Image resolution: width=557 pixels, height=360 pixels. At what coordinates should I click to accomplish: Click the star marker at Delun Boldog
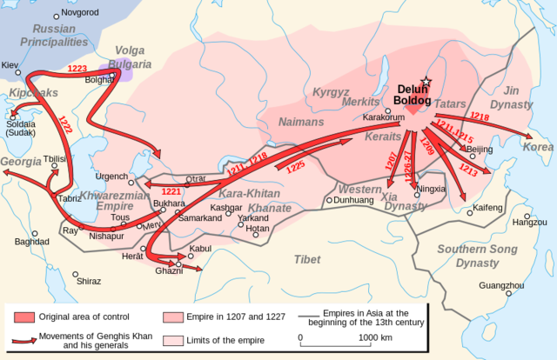coord(426,81)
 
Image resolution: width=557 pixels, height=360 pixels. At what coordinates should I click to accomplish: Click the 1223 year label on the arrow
coord(77,68)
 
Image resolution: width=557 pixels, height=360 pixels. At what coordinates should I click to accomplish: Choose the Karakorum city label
coord(384,116)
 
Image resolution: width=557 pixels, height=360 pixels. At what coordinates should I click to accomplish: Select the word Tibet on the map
coord(306,259)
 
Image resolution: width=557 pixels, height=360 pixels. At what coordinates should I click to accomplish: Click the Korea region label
coord(537,147)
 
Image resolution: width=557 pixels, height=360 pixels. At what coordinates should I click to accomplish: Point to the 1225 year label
coord(297,164)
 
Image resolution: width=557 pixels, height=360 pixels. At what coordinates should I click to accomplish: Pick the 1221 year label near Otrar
coord(170,190)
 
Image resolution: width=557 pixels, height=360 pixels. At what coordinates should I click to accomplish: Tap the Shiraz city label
coord(89,282)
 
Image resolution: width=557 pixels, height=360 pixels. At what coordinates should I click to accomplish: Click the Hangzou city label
coord(530,223)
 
